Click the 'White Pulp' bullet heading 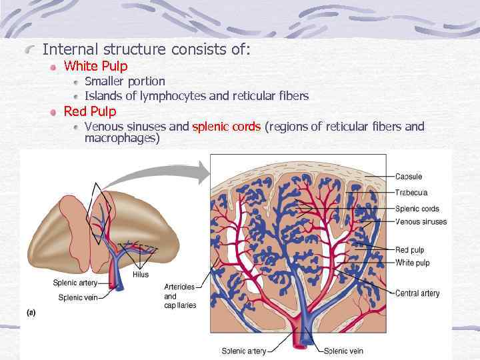click(x=95, y=66)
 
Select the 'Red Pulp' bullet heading click(x=89, y=111)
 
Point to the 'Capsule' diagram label click(x=409, y=177)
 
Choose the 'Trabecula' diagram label click(x=411, y=193)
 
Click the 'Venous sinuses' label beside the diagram click(x=421, y=222)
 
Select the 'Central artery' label click(x=417, y=293)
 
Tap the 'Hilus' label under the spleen click(x=141, y=274)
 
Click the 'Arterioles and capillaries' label click(x=179, y=296)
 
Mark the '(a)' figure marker click(x=31, y=311)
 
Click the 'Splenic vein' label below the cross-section click(x=343, y=351)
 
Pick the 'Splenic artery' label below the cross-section click(x=244, y=351)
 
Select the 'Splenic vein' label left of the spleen click(x=78, y=297)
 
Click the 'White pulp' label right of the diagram click(x=413, y=263)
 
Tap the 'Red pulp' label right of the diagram click(x=410, y=250)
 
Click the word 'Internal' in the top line click(x=68, y=49)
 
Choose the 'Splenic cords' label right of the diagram click(x=417, y=209)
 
